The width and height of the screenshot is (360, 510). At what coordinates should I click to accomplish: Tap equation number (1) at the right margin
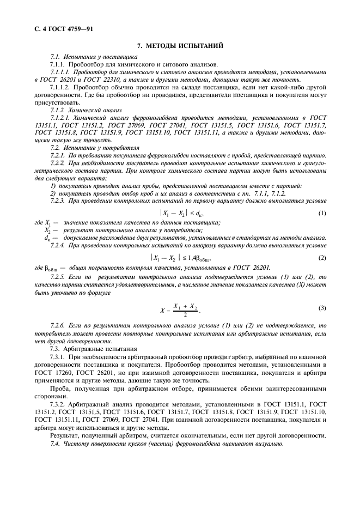[322, 212]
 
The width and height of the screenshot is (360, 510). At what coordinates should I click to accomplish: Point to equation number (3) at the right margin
[322, 308]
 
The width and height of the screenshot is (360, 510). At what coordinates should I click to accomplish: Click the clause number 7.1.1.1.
[59, 71]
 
